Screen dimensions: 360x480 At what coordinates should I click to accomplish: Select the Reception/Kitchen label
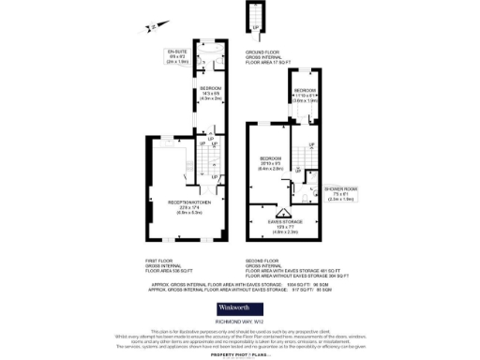tap(183, 205)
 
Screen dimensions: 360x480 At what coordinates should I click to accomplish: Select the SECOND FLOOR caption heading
tap(262, 260)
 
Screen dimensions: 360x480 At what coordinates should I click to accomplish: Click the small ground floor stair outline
tap(250, 19)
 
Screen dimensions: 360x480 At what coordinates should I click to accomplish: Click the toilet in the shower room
tap(308, 195)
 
